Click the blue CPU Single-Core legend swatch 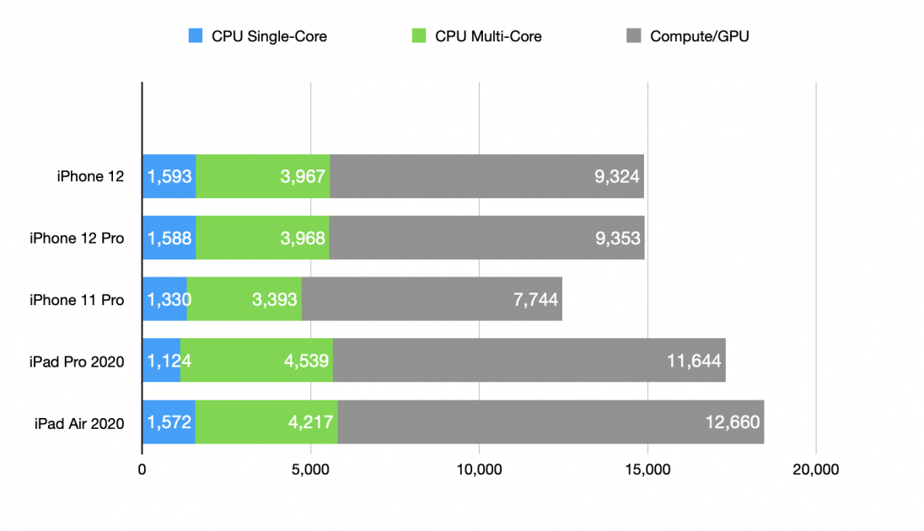click(196, 36)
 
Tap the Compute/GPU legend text click(699, 36)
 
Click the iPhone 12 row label click(90, 176)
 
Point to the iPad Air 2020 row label click(77, 423)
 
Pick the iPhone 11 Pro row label click(77, 300)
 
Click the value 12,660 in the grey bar click(733, 423)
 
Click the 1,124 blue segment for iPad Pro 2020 click(161, 361)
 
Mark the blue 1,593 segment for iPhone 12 click(169, 176)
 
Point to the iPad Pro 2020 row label click(77, 362)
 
